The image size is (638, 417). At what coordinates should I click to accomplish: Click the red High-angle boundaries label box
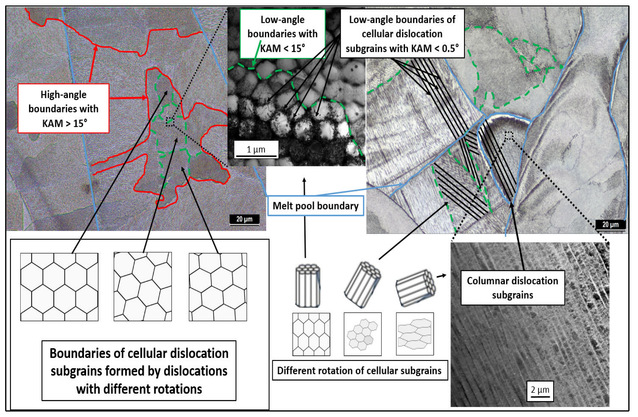tap(63, 108)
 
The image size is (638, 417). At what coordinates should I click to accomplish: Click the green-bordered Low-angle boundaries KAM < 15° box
tap(282, 34)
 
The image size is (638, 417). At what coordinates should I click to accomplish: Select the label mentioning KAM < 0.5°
tap(402, 34)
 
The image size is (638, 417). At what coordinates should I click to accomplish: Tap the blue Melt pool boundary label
tap(315, 206)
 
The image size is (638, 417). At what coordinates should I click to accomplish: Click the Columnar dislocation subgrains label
tap(512, 288)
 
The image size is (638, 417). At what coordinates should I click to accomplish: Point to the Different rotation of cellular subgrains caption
tap(359, 370)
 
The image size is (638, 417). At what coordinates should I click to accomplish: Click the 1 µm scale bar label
tap(256, 149)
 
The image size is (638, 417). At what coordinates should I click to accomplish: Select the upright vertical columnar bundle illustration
tap(308, 285)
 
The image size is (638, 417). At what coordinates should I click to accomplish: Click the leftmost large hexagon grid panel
tap(59, 287)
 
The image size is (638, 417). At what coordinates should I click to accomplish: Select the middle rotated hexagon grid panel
tap(142, 286)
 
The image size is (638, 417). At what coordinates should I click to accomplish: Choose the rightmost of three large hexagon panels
tap(218, 287)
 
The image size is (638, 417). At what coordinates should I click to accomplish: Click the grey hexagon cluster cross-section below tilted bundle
tap(362, 334)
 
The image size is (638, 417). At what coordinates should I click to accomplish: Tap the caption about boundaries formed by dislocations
tap(139, 371)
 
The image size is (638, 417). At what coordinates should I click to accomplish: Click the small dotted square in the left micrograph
tap(170, 122)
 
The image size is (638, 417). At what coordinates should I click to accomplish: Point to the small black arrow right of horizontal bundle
tap(441, 276)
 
